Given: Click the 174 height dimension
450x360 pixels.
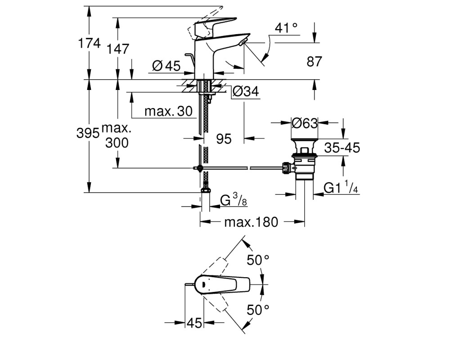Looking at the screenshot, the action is (x=89, y=43).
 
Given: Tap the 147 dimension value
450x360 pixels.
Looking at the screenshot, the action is (x=117, y=49).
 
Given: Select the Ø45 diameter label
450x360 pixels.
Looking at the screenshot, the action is (x=166, y=66).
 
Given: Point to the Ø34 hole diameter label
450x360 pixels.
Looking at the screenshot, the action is (x=246, y=91).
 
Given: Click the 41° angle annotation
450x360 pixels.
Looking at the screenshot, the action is (x=286, y=28).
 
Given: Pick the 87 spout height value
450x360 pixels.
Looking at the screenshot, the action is (x=314, y=62).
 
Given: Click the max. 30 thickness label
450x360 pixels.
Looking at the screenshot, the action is (x=168, y=111).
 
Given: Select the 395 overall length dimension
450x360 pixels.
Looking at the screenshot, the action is (x=88, y=133).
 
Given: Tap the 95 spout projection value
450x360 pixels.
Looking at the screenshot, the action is (x=224, y=139).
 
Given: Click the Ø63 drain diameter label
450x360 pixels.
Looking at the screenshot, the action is (x=305, y=123).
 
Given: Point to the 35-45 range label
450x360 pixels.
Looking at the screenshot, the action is (x=342, y=148).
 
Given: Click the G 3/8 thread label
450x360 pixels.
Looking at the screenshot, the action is (x=234, y=200).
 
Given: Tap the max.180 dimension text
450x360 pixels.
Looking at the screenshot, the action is (x=251, y=222).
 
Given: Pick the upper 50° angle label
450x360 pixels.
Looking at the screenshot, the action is (x=258, y=260).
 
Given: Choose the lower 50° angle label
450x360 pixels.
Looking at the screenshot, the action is (x=258, y=310).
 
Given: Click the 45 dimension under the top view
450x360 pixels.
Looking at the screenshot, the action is (x=194, y=323).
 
